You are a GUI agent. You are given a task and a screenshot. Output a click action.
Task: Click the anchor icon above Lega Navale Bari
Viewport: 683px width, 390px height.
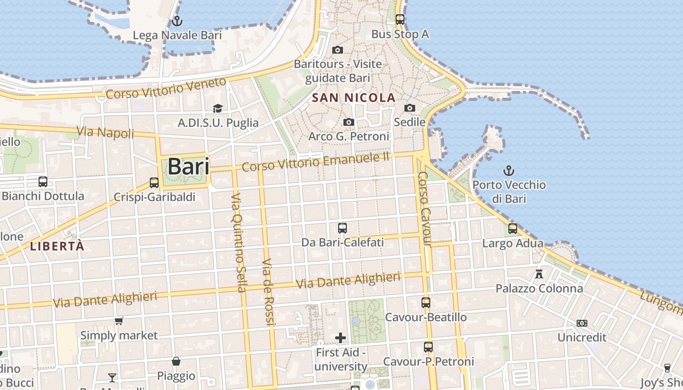click(177, 21)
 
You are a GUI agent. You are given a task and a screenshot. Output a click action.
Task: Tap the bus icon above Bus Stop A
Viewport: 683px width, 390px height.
click(400, 19)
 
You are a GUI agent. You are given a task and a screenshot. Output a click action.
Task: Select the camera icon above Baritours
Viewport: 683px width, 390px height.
click(338, 50)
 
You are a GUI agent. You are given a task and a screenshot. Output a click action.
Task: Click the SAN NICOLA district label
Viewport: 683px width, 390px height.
click(354, 98)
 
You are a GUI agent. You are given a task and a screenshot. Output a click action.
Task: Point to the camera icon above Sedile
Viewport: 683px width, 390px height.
click(410, 108)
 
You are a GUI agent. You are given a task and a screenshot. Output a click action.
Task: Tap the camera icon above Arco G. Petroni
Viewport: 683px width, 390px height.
click(349, 122)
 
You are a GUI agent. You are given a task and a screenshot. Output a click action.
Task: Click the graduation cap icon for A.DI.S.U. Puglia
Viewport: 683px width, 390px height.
click(218, 108)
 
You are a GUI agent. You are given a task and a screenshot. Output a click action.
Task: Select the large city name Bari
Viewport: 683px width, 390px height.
click(188, 167)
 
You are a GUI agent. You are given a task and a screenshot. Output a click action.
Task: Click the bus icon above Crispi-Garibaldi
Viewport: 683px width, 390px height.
click(154, 183)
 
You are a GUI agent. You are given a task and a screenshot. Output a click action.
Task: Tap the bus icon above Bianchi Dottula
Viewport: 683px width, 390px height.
click(43, 182)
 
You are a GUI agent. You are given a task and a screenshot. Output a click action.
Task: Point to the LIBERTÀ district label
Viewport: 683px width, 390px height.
click(58, 246)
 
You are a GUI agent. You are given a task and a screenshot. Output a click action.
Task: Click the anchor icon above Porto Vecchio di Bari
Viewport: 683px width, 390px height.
click(509, 171)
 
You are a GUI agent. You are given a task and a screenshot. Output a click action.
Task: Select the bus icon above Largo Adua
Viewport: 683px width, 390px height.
click(513, 228)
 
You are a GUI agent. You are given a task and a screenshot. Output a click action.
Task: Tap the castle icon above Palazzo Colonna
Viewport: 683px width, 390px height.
click(539, 274)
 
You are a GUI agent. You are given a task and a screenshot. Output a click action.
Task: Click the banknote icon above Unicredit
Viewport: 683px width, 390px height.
click(582, 323)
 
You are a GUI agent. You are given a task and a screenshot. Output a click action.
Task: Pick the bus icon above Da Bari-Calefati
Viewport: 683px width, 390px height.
click(342, 228)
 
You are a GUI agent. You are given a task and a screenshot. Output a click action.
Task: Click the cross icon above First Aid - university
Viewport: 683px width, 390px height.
click(341, 337)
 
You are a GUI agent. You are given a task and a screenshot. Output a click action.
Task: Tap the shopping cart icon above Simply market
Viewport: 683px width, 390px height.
click(119, 321)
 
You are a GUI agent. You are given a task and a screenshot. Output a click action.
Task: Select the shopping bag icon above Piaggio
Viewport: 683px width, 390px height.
click(176, 361)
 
